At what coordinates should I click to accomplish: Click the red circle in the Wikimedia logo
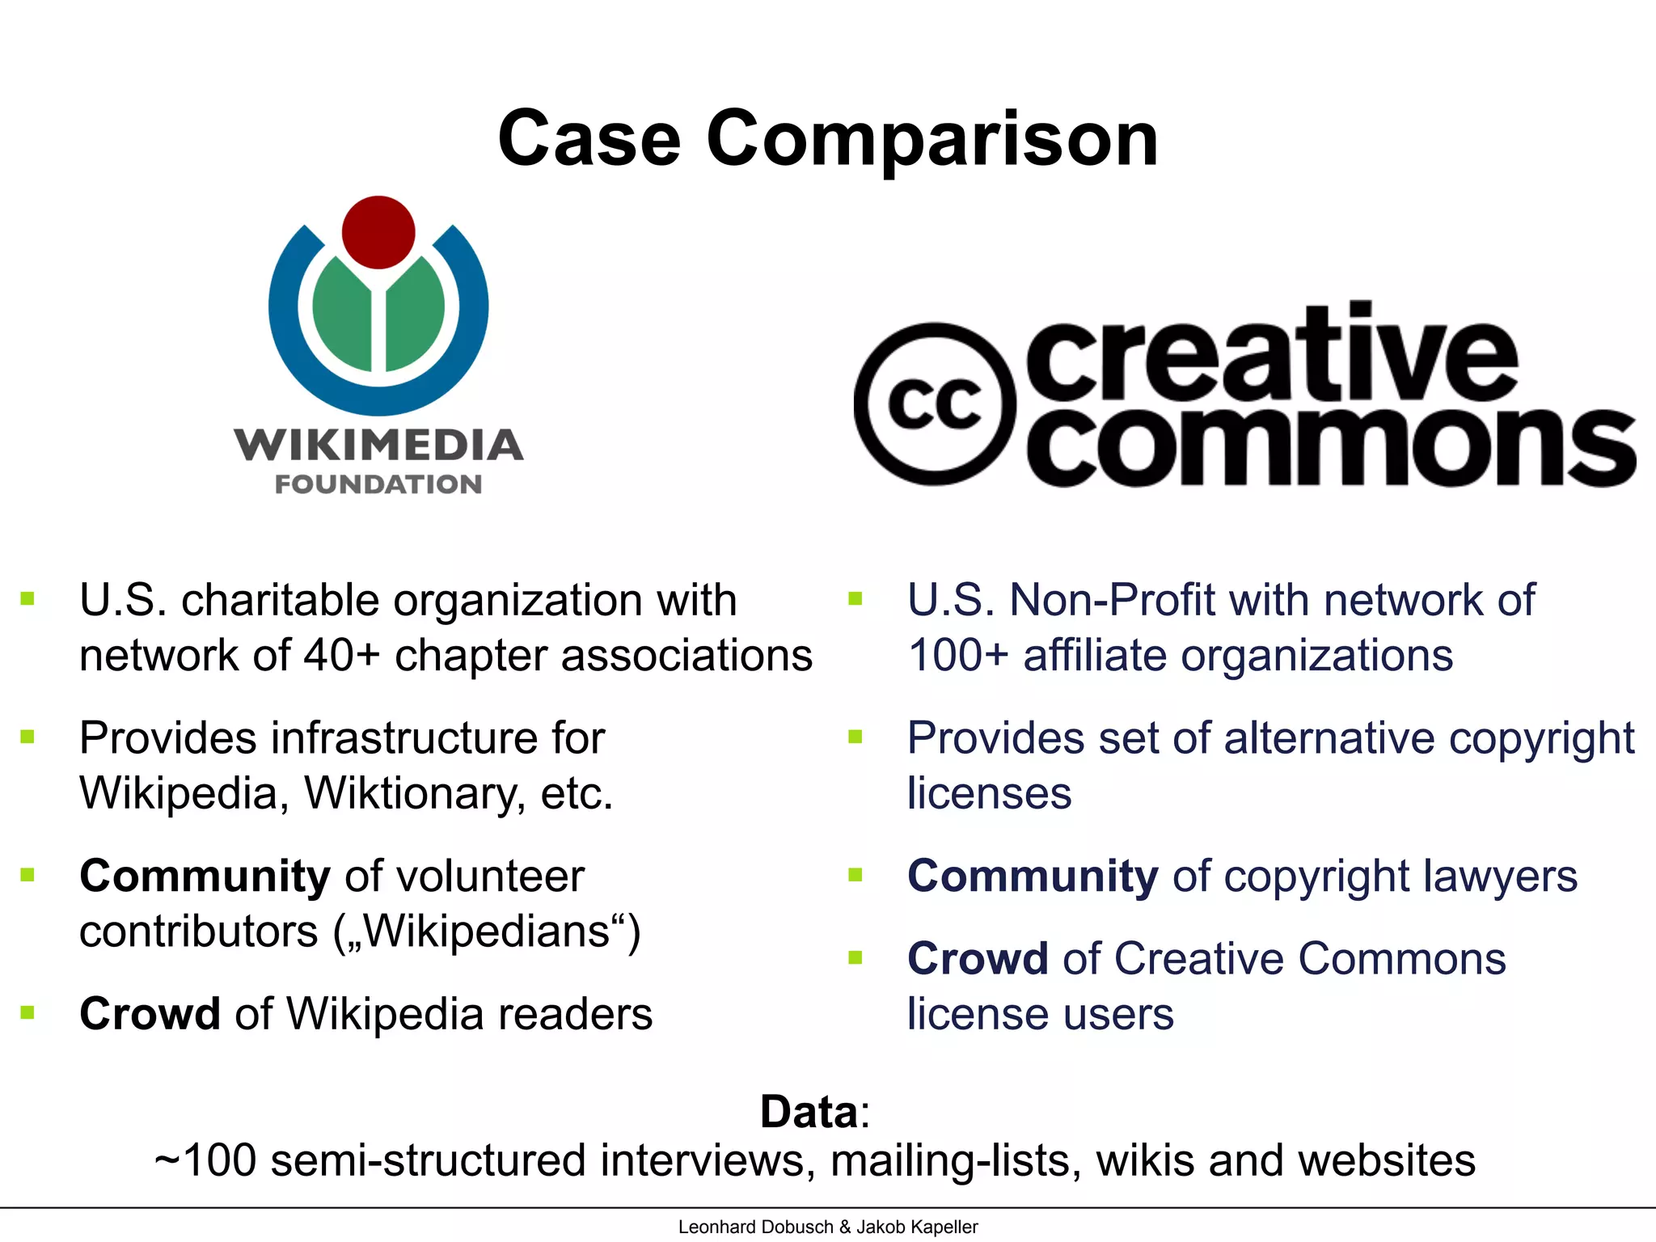click(378, 232)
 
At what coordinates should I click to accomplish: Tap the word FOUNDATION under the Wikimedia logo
click(378, 484)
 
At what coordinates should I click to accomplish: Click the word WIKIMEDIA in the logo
click(378, 445)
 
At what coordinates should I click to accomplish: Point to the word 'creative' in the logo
click(1273, 356)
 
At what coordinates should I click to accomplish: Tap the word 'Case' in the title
click(589, 139)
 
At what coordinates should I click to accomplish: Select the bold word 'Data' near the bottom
click(809, 1111)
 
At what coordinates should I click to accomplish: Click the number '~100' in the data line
click(205, 1160)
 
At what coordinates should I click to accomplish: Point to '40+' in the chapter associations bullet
click(341, 655)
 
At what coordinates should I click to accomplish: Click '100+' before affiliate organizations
click(958, 655)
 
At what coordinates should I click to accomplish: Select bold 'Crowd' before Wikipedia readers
click(150, 1014)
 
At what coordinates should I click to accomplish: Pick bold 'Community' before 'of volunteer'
click(205, 876)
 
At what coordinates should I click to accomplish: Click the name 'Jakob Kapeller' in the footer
click(917, 1227)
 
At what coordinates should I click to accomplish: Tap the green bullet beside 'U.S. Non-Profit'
click(855, 599)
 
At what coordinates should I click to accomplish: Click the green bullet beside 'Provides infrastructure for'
click(28, 737)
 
